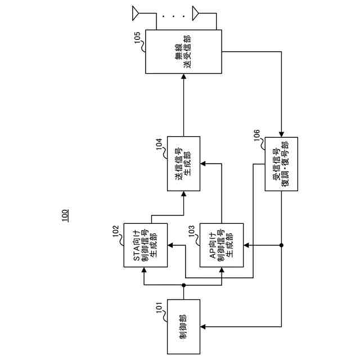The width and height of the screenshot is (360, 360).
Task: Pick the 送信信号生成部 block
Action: point(184,163)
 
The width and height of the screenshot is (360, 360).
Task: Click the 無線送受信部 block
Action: point(184,52)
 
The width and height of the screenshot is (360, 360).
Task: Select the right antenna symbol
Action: point(196,11)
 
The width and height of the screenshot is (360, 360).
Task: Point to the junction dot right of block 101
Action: point(184,286)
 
